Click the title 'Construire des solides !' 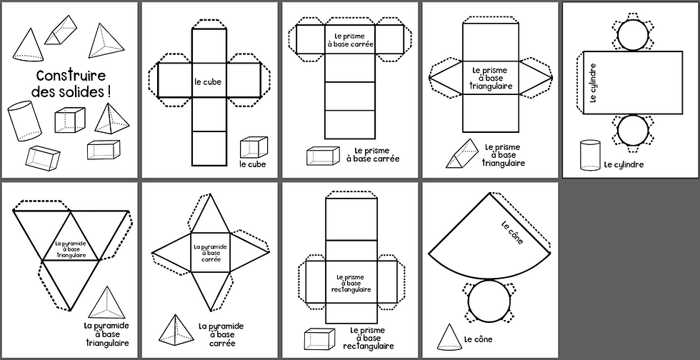point(70,83)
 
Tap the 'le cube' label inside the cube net point(208,82)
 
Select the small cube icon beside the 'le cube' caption point(254,148)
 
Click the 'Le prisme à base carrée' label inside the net point(350,39)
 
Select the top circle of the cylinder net point(632,33)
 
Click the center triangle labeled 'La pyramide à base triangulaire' point(71,248)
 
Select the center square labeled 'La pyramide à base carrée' point(210,252)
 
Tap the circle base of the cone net point(489,301)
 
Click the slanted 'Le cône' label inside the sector point(512,234)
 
